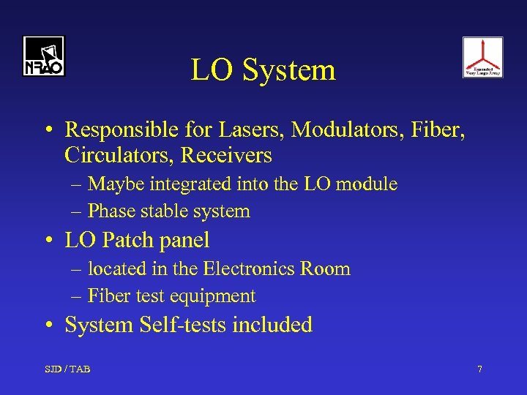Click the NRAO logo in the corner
click(x=43, y=56)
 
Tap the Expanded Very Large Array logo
click(x=482, y=57)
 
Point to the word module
click(x=367, y=184)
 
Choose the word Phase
click(x=110, y=211)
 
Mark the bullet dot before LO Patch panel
click(x=48, y=241)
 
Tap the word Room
click(x=325, y=268)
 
